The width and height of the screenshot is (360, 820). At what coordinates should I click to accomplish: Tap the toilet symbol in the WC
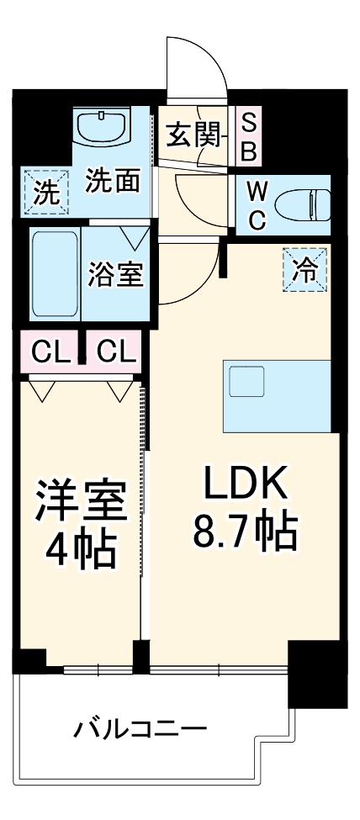click(304, 205)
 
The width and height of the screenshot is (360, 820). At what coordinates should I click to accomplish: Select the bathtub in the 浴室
click(56, 273)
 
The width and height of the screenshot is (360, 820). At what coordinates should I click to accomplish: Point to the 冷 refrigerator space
click(305, 270)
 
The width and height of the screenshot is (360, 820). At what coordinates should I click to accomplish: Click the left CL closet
click(50, 352)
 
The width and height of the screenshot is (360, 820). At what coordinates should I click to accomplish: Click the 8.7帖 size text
click(246, 532)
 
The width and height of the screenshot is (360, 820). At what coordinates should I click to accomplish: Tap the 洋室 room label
click(82, 499)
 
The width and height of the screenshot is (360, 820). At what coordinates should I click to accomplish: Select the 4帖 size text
click(80, 548)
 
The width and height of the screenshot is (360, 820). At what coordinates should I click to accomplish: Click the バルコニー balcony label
click(140, 729)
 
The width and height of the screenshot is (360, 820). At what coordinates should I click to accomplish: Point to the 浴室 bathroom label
click(115, 274)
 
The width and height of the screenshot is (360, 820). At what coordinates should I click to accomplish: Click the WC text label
click(257, 206)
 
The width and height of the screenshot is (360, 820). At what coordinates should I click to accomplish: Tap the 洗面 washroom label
click(113, 182)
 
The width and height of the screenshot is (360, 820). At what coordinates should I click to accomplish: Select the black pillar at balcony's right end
click(317, 675)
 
